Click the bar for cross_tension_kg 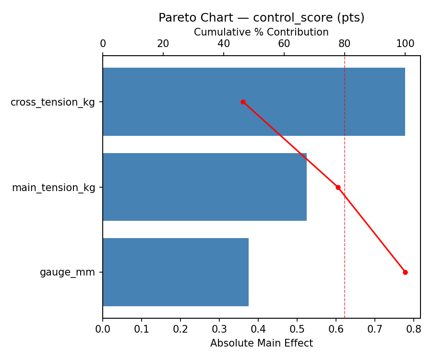pos(253,102)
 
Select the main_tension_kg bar pos(204,187)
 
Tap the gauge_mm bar pos(176,272)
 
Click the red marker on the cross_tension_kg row pos(243,102)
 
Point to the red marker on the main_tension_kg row pos(338,187)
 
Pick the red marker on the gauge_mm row pos(405,272)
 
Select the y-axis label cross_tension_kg pos(53,102)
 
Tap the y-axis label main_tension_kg pos(53,188)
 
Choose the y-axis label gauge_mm pos(67,273)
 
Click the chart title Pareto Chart pos(262,18)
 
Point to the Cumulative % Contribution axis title pos(262,32)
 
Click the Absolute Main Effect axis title pos(262,343)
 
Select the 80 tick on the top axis pos(345,44)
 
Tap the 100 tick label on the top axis pos(405,44)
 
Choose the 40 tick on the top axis pos(224,44)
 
